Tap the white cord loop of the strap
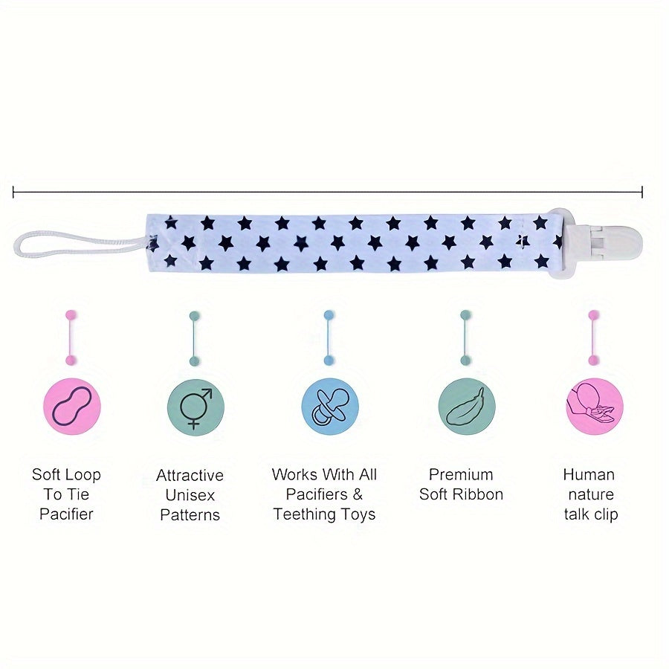(x=74, y=244)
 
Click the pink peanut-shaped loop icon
(x=71, y=407)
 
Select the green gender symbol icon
(x=195, y=407)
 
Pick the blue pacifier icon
(x=329, y=407)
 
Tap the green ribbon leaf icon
(x=466, y=407)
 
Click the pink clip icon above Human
(x=594, y=407)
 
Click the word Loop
(x=83, y=475)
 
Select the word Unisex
(x=190, y=495)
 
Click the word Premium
(x=461, y=475)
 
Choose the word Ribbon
(x=478, y=494)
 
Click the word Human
(x=589, y=475)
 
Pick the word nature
(x=591, y=495)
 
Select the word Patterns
(x=190, y=514)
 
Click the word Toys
(x=361, y=514)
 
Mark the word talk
(x=576, y=514)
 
